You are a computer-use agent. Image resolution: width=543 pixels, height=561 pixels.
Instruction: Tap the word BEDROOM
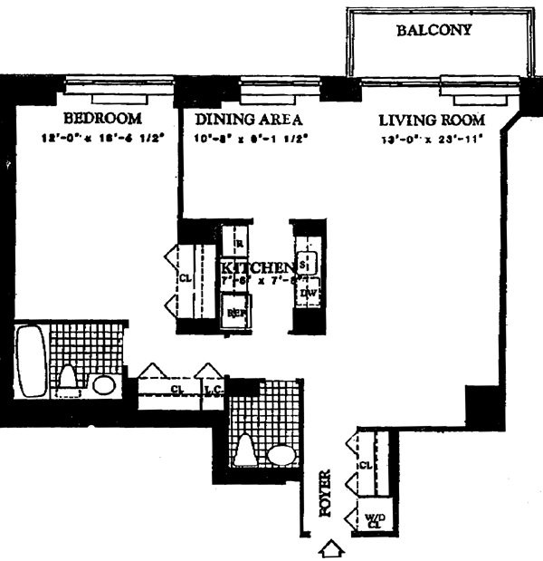pyautogui.click(x=102, y=120)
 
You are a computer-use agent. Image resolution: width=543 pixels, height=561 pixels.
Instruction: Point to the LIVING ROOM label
pyautogui.click(x=432, y=120)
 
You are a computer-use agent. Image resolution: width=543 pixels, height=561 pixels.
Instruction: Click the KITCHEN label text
pyautogui.click(x=260, y=267)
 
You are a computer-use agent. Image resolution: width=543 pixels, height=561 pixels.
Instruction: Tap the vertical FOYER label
pyautogui.click(x=327, y=494)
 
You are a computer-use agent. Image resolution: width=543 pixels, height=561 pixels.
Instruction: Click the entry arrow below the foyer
pyautogui.click(x=333, y=548)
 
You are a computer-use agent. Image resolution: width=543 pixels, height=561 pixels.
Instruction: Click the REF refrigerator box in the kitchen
pyautogui.click(x=236, y=313)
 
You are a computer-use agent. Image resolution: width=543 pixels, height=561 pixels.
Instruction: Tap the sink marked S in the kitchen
pyautogui.click(x=304, y=263)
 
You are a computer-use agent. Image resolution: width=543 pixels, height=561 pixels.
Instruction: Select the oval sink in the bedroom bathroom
pyautogui.click(x=103, y=385)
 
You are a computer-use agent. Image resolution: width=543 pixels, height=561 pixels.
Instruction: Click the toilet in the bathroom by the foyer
pyautogui.click(x=247, y=449)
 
